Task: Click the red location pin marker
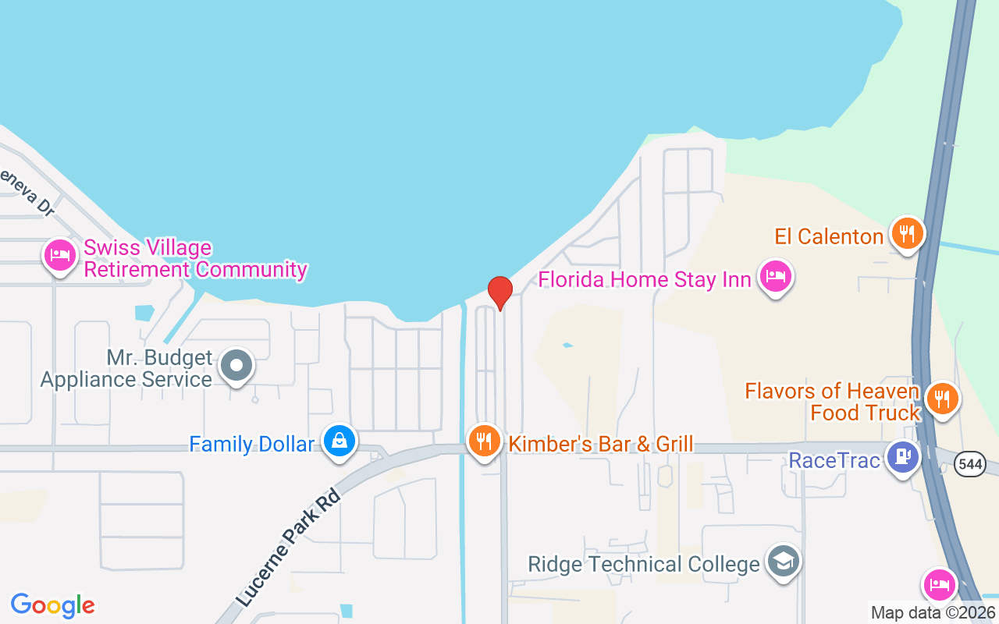(x=499, y=292)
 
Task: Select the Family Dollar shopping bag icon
(x=340, y=441)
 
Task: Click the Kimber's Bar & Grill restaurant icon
(x=485, y=441)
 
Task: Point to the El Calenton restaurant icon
(x=907, y=232)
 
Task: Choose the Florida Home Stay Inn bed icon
(x=776, y=275)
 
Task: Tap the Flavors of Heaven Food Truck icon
(x=943, y=399)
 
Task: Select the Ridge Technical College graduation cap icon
(x=783, y=561)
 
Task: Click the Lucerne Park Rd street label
(x=290, y=548)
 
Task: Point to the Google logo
(x=53, y=605)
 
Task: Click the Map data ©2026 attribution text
(x=933, y=612)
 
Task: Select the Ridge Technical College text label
(x=644, y=564)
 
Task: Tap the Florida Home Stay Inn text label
(x=645, y=279)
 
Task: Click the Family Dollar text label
(x=251, y=445)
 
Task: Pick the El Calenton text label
(x=829, y=236)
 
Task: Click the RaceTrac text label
(x=834, y=460)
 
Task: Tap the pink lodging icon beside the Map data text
(x=940, y=584)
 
